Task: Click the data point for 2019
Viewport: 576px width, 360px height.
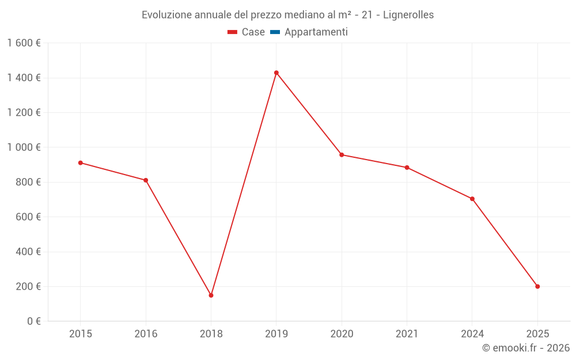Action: (276, 73)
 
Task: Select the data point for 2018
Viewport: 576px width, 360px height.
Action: (211, 295)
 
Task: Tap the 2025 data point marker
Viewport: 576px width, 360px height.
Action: (537, 286)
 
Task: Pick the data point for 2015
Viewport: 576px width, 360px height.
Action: (81, 163)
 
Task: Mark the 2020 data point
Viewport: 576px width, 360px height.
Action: (342, 155)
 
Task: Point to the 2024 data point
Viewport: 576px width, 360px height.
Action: (472, 199)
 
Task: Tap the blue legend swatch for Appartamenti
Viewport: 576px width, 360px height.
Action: (275, 32)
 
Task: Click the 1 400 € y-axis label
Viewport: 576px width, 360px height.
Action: (24, 78)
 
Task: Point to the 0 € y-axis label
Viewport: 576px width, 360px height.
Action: (31, 321)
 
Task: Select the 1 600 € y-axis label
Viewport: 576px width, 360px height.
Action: (24, 43)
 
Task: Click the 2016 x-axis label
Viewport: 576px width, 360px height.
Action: (146, 334)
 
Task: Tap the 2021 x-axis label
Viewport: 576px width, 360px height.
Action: (407, 334)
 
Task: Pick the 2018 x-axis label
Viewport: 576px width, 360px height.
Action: (211, 334)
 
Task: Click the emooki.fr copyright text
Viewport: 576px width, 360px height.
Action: (526, 348)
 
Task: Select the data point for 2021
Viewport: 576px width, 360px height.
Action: (407, 168)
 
